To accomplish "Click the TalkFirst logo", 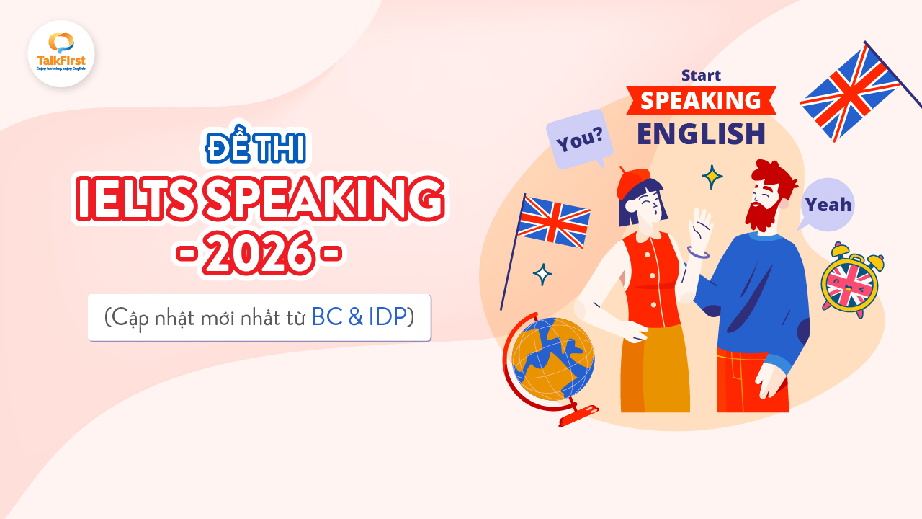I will [x=61, y=53].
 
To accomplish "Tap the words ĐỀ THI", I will [x=256, y=148].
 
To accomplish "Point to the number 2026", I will [x=259, y=254].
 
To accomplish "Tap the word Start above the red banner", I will [x=700, y=75].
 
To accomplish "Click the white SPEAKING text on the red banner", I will [x=700, y=100].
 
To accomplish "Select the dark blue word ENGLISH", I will [x=700, y=133].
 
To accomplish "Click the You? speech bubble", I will [x=579, y=138].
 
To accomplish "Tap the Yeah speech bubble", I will [x=828, y=204].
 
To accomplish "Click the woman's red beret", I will [x=633, y=181].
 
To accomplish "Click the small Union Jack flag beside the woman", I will [x=553, y=221].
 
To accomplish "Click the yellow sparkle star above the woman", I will [x=712, y=177].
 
